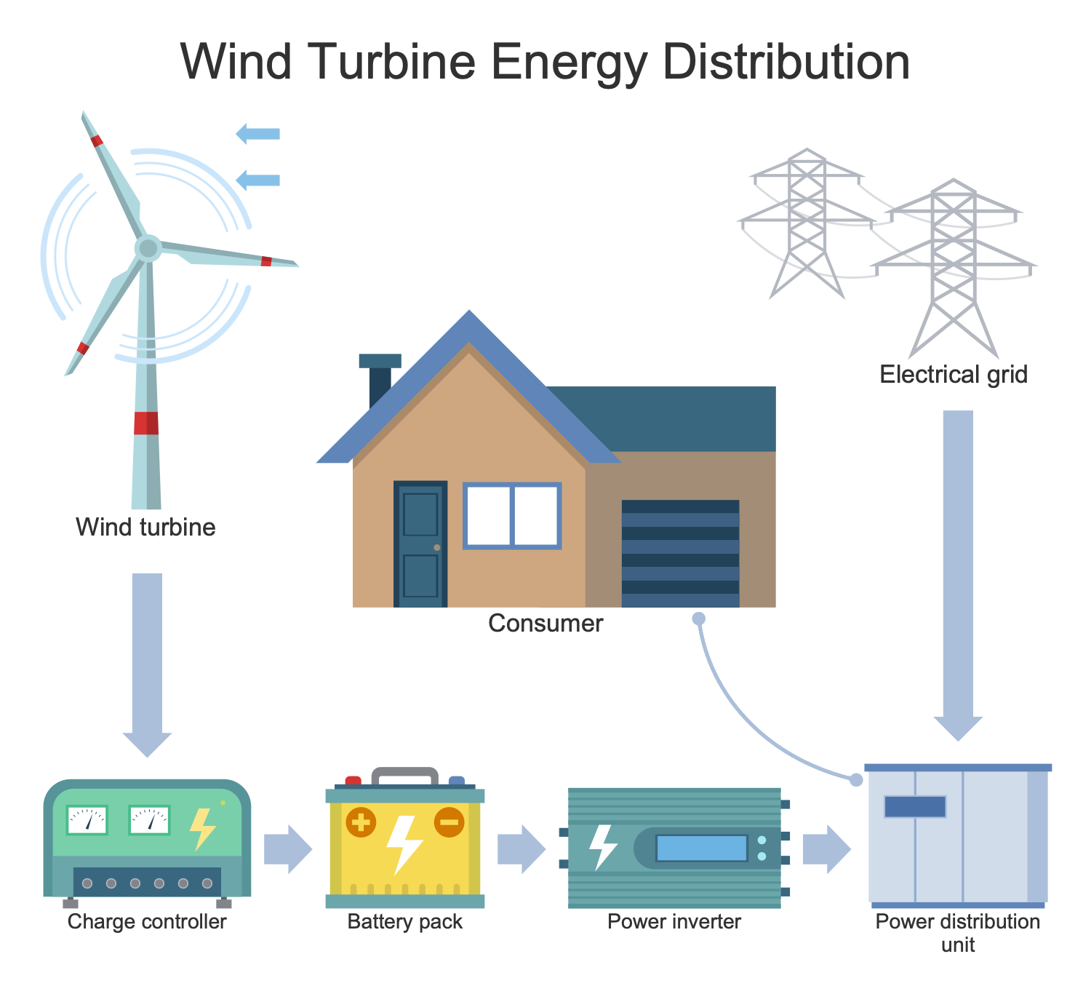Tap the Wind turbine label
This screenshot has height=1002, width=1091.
coord(145,527)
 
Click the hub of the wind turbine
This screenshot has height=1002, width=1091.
coord(148,248)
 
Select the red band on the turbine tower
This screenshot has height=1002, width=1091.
coord(146,423)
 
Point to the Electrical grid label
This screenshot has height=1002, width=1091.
coord(953,375)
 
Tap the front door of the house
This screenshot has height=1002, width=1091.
coord(420,544)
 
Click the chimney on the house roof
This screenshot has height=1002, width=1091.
coord(380,378)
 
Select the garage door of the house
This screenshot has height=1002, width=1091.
coord(680,553)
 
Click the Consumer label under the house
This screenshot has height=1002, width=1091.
coord(545,624)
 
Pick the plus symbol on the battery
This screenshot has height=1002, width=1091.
coord(360,823)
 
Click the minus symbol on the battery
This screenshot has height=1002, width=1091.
coord(449,822)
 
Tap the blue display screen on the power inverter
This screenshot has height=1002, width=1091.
coord(701,848)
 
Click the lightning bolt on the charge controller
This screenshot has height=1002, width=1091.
coord(202,828)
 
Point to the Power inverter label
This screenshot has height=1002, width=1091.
coord(674,922)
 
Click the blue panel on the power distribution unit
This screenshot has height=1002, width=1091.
coord(915,806)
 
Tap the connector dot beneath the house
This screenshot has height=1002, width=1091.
coord(698,619)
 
